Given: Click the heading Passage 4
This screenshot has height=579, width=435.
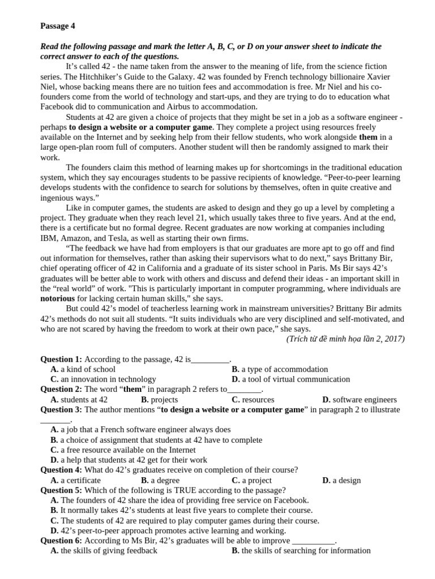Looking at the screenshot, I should point(57,25).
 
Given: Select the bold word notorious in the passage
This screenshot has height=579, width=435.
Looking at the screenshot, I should point(57,298).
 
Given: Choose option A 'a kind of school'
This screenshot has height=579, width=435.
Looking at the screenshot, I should point(83,369).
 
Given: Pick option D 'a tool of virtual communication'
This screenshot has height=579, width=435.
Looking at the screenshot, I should point(291,379).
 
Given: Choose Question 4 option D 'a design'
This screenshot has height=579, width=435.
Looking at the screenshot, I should point(341,481).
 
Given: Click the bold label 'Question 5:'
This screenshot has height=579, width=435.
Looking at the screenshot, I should point(61,490).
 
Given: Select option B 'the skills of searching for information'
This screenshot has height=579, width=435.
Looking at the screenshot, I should point(301,551).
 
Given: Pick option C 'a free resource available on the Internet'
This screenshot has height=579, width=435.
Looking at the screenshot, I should point(123,450).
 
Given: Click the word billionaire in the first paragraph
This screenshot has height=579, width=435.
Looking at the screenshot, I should point(323,76).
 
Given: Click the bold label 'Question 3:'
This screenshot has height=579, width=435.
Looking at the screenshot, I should point(61,410).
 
